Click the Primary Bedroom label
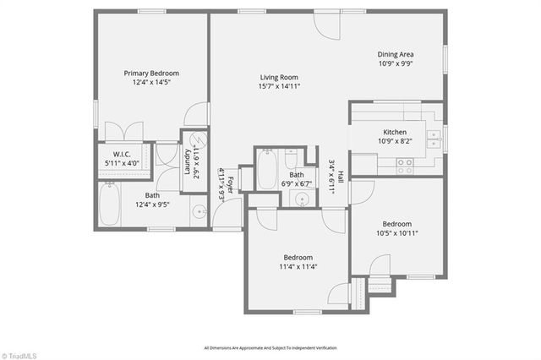pos(152,73)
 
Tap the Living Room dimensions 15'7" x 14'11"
pos(279,86)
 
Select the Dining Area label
pos(396,55)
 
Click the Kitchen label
pos(395,133)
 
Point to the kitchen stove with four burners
pos(405,166)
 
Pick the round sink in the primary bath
pos(199,212)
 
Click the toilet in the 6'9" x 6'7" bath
pos(291,159)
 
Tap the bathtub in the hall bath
pos(266,170)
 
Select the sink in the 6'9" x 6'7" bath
pos(302,199)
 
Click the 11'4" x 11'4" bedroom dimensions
pos(298,267)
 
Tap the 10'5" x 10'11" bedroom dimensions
pos(396,233)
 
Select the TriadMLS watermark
pos(18,355)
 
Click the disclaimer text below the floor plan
pos(270,347)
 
